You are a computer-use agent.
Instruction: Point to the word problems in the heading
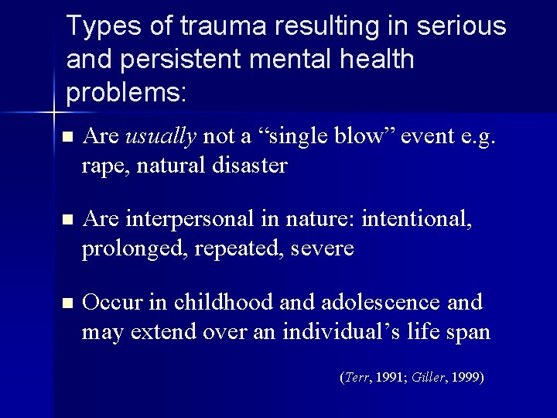pos(125,93)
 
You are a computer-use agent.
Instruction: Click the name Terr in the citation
pos(357,378)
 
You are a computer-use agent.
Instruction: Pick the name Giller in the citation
pos(427,378)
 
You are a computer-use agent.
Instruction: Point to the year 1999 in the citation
pos(466,378)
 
